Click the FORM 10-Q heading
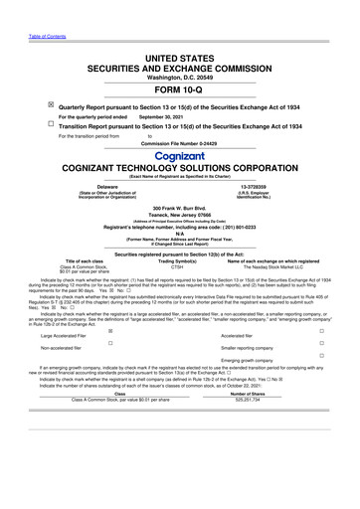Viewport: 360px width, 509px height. (179, 87)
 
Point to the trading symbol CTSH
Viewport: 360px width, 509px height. (179, 266)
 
